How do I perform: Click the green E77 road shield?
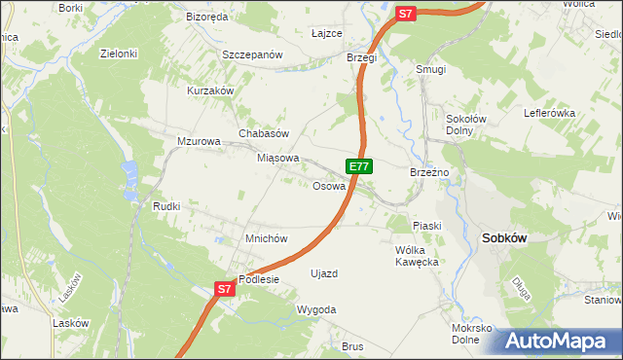pyautogui.click(x=359, y=166)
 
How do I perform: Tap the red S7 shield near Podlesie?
pyautogui.click(x=224, y=289)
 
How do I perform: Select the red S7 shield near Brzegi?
pyautogui.click(x=407, y=14)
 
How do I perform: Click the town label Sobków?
pyautogui.click(x=505, y=236)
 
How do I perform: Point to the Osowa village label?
pyautogui.click(x=329, y=186)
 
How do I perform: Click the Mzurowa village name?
pyautogui.click(x=199, y=141)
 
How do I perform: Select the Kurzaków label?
pyautogui.click(x=211, y=90)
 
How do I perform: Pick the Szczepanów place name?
pyautogui.click(x=251, y=54)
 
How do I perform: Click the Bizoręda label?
pyautogui.click(x=206, y=17)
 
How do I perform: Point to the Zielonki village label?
pyautogui.click(x=119, y=54)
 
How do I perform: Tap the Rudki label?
pyautogui.click(x=166, y=206)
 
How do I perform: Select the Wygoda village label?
pyautogui.click(x=316, y=309)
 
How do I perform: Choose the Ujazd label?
pyautogui.click(x=323, y=273)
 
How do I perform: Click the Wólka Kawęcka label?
pyautogui.click(x=418, y=255)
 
